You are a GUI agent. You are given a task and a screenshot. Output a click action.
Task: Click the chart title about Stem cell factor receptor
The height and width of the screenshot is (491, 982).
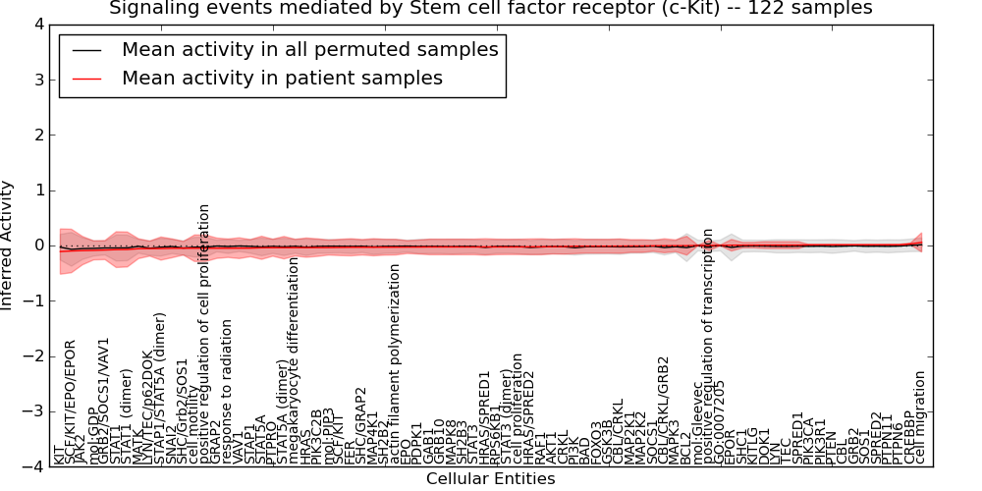(x=490, y=9)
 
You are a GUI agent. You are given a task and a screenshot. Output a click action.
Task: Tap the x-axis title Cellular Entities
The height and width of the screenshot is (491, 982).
(x=490, y=479)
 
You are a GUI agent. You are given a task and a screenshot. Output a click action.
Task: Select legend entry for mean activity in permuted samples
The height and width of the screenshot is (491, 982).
(x=309, y=50)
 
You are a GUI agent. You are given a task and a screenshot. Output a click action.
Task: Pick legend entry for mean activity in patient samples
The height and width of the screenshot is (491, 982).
(x=282, y=79)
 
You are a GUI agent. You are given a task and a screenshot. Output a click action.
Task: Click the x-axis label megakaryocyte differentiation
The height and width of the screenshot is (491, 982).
(x=293, y=360)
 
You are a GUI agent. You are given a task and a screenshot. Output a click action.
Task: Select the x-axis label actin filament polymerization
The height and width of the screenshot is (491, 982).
(x=396, y=363)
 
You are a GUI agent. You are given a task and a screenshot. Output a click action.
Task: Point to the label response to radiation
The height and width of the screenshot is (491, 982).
(x=229, y=392)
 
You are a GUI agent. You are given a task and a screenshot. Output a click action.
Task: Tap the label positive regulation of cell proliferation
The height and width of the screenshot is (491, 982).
(x=205, y=334)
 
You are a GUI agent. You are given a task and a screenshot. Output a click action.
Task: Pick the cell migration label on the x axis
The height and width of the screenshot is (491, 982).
(x=920, y=417)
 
